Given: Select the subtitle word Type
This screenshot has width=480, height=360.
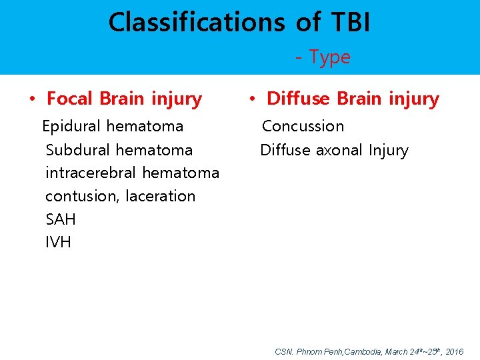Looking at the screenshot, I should tap(329, 57).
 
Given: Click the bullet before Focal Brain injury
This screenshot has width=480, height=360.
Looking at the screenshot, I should tap(31, 99).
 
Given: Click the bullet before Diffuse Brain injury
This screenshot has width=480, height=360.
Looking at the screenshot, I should tap(251, 99).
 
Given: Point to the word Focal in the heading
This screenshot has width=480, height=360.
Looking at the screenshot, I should tap(71, 99).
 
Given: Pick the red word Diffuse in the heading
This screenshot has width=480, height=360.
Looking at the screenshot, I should tap(298, 99).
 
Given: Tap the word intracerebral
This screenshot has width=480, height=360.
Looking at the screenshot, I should tap(91, 173).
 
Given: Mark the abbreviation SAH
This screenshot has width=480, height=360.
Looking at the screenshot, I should tap(61, 219).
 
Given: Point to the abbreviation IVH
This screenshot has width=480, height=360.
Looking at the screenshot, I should tap(58, 242).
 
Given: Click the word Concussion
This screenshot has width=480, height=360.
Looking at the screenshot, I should tap(303, 126).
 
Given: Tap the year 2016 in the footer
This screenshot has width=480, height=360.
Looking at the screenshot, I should tap(455, 351).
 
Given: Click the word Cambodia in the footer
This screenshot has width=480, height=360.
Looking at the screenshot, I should tap(363, 351).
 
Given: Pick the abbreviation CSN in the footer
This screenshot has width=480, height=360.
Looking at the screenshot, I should tap(283, 351).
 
